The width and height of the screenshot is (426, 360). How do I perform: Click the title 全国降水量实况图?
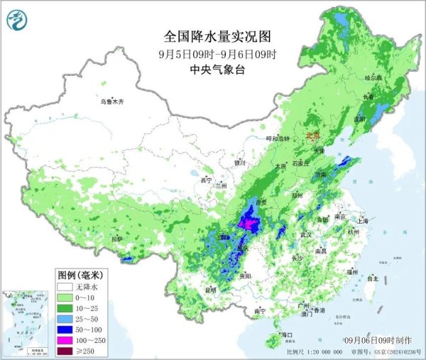(x=218, y=36)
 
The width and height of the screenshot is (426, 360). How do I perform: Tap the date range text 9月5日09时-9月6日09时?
(x=218, y=53)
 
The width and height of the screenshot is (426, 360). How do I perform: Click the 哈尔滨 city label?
(x=373, y=77)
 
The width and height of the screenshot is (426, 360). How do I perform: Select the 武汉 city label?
(x=306, y=234)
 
